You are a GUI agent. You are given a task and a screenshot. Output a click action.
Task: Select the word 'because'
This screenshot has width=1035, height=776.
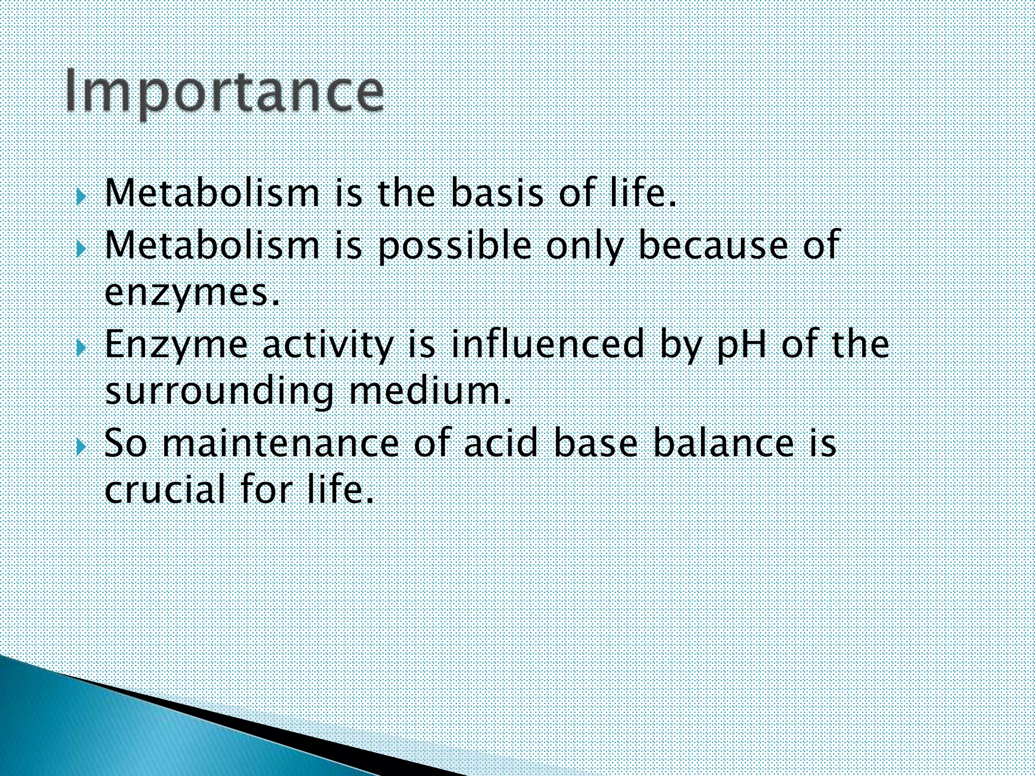click(x=713, y=245)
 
